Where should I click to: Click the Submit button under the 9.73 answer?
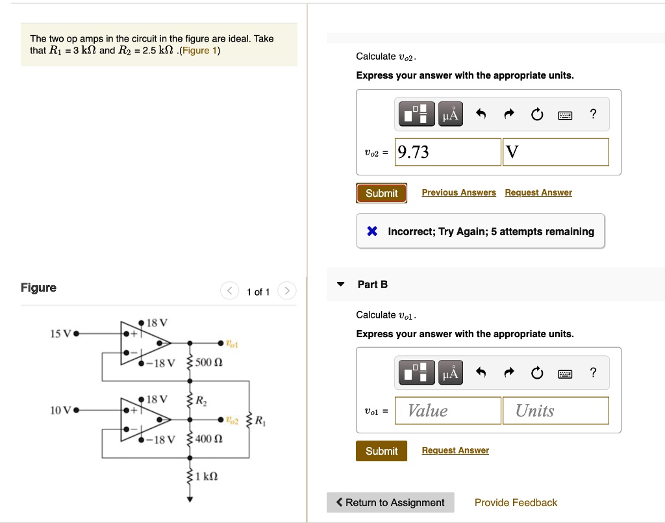(381, 193)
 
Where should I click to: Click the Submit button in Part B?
(381, 451)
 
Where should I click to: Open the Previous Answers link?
(458, 192)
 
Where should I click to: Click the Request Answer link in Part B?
(455, 450)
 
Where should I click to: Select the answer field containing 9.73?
(447, 152)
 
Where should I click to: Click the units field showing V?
(556, 152)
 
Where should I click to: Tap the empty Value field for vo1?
(447, 411)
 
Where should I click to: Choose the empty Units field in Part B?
(555, 411)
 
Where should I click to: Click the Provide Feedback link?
(516, 502)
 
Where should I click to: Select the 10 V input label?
(60, 410)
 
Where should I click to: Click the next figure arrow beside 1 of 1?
(287, 291)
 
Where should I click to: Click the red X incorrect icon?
(371, 231)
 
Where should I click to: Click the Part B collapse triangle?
(340, 285)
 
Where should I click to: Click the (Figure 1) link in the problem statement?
(199, 51)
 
